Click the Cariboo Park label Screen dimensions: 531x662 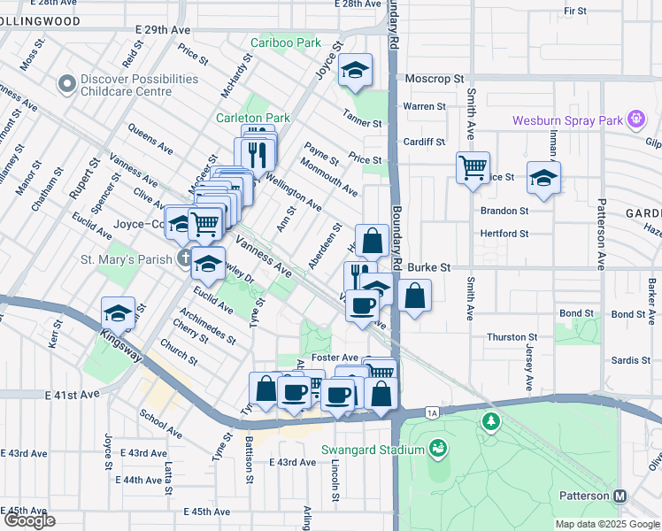pyautogui.click(x=285, y=42)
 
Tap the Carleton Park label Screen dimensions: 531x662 pyautogui.click(x=253, y=118)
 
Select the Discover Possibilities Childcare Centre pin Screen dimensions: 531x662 pyautogui.click(x=65, y=85)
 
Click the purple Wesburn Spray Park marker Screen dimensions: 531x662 pyautogui.click(x=635, y=119)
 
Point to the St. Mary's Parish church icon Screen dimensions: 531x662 pyautogui.click(x=183, y=258)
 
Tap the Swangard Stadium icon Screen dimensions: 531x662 pyautogui.click(x=436, y=450)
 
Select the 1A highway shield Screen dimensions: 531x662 pyautogui.click(x=432, y=412)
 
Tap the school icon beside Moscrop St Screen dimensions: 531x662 pyautogui.click(x=356, y=71)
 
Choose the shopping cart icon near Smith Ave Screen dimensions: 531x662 pyautogui.click(x=473, y=165)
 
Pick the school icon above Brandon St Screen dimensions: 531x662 pyautogui.click(x=543, y=177)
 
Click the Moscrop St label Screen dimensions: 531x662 pyautogui.click(x=435, y=79)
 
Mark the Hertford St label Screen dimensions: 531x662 pyautogui.click(x=504, y=234)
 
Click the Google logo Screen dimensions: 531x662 pyautogui.click(x=28, y=520)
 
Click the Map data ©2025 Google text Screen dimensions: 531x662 pyautogui.click(x=606, y=524)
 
